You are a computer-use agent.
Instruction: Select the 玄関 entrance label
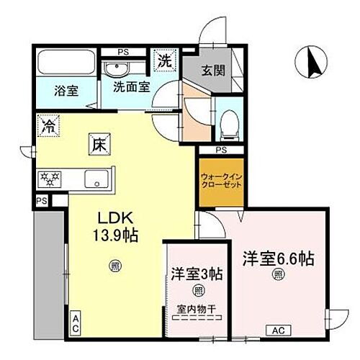click(x=212, y=71)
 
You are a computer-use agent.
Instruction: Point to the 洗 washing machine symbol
click(x=165, y=60)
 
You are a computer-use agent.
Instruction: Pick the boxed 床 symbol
click(x=99, y=143)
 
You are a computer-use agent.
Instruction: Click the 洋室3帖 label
click(x=197, y=274)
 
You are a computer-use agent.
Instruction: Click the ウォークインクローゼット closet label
click(x=220, y=180)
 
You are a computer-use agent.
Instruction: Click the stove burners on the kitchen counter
click(x=50, y=177)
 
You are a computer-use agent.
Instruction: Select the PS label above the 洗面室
click(x=124, y=51)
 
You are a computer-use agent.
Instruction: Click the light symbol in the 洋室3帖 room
click(x=197, y=290)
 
